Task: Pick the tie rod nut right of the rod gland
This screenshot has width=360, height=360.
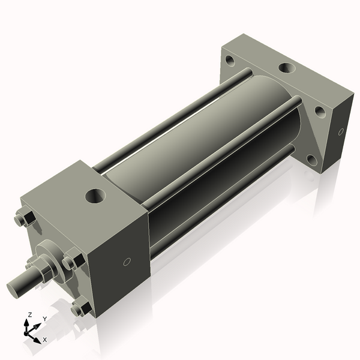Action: tap(71, 262)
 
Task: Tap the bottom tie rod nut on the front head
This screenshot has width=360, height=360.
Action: tap(79, 309)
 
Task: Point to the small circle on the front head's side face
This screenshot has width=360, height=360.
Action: tap(127, 262)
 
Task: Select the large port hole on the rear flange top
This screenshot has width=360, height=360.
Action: tap(286, 70)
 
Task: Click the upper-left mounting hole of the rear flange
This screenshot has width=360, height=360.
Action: tap(230, 60)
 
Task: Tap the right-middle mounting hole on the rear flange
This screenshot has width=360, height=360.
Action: tap(320, 112)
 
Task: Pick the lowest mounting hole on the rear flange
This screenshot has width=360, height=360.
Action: tap(311, 160)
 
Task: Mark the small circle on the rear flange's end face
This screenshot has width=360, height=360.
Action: tap(341, 131)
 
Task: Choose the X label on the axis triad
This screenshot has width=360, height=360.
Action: tap(44, 340)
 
